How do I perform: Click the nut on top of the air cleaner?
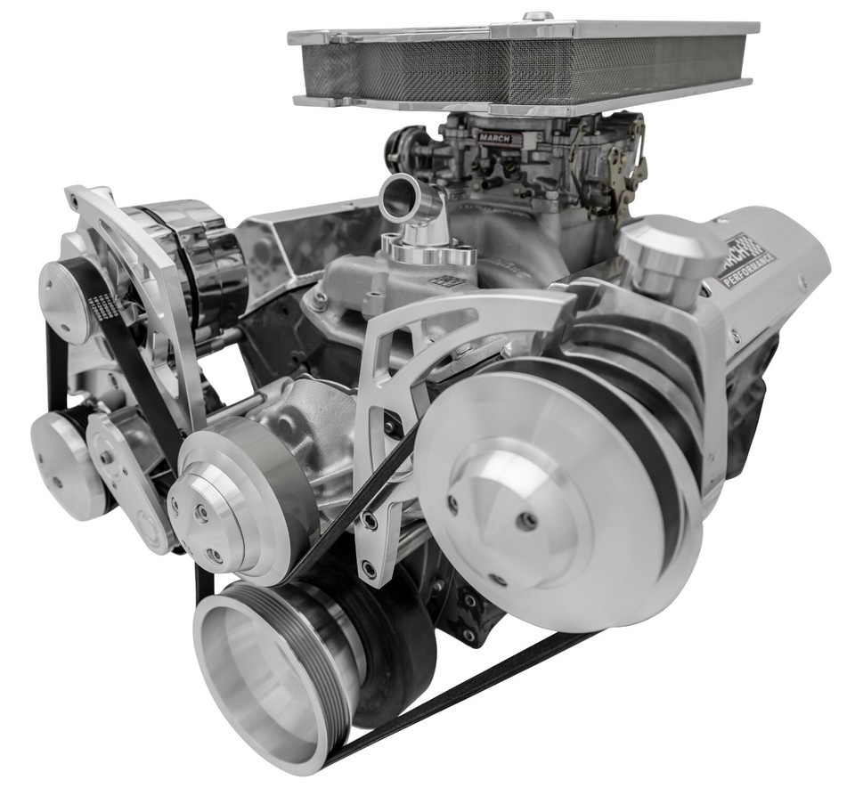click(x=537, y=16)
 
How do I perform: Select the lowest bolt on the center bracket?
click(x=368, y=568)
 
